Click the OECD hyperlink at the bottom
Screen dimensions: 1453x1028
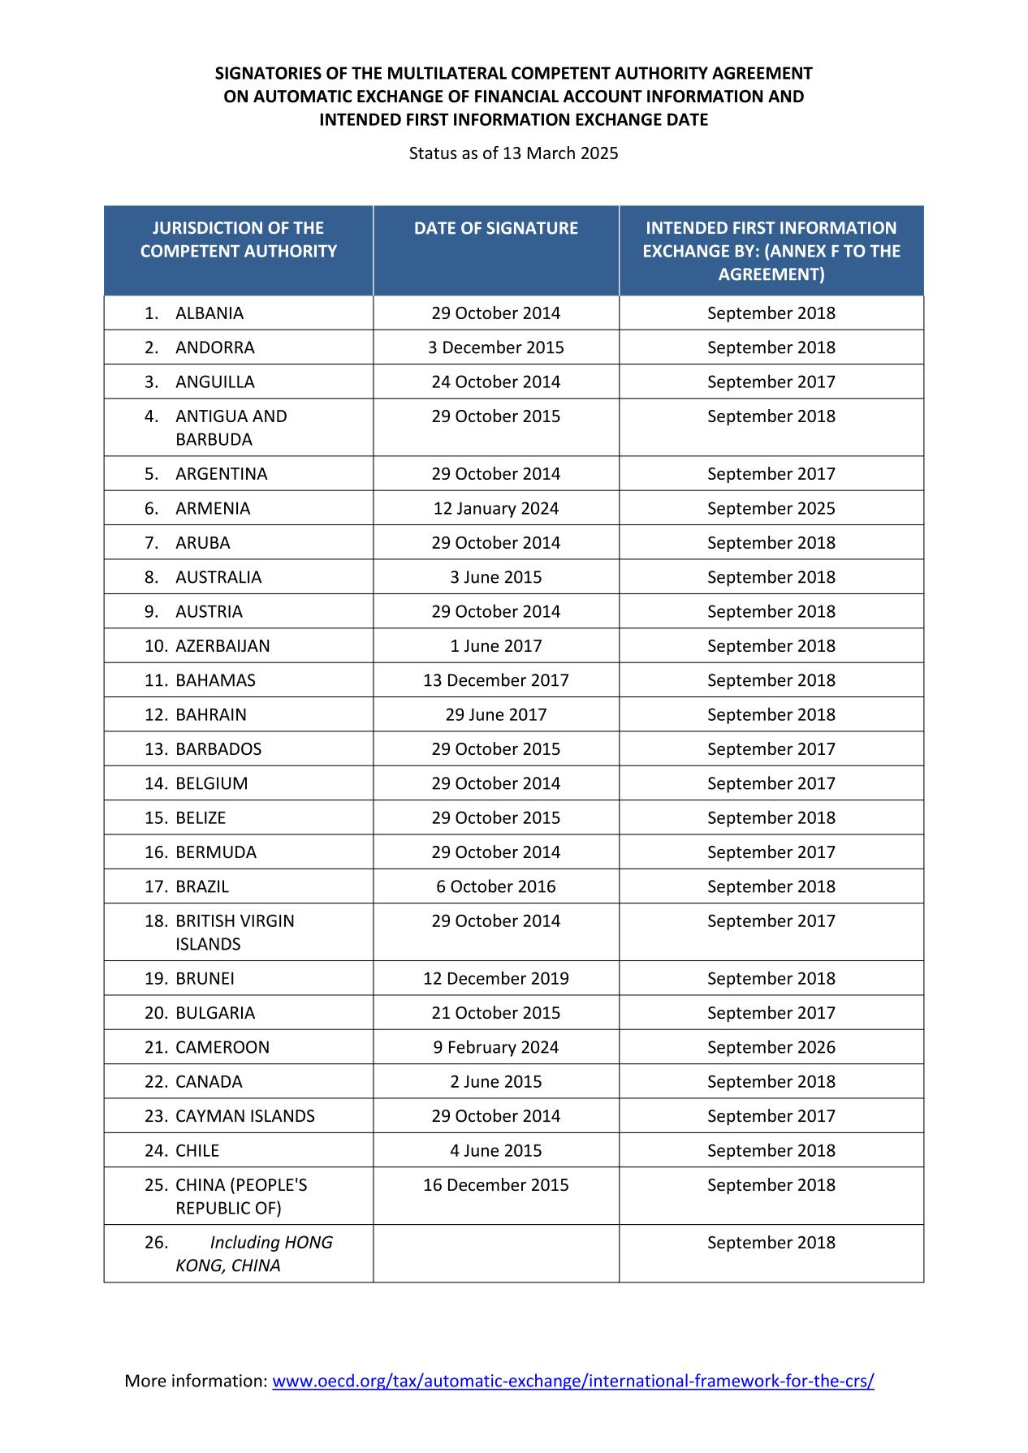click(x=572, y=1381)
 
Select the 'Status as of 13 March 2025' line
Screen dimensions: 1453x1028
click(x=513, y=153)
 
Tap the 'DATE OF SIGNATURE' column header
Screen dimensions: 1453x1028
click(x=495, y=228)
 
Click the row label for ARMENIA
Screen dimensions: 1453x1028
click(x=213, y=508)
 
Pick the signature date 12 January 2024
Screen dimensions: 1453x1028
click(x=495, y=508)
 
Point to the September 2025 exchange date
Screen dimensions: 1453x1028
click(x=771, y=508)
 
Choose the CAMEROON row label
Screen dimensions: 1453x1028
click(x=222, y=1047)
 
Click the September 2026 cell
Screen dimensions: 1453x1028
click(x=771, y=1047)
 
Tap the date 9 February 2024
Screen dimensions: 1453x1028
click(x=495, y=1047)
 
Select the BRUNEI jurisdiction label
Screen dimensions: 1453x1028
click(x=205, y=978)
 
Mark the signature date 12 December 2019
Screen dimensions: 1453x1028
click(x=495, y=978)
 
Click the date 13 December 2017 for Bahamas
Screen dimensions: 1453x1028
click(x=495, y=680)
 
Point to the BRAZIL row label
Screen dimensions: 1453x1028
click(x=202, y=886)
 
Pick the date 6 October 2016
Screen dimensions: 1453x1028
click(x=495, y=886)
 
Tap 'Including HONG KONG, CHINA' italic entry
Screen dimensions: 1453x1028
click(x=253, y=1253)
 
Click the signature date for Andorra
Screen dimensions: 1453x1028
click(x=495, y=347)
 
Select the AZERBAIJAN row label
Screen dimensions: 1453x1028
click(x=222, y=646)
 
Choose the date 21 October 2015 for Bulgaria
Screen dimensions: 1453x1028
click(x=495, y=1013)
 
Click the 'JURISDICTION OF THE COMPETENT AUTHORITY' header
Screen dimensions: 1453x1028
click(x=238, y=239)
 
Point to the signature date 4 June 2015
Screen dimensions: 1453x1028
click(x=495, y=1150)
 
